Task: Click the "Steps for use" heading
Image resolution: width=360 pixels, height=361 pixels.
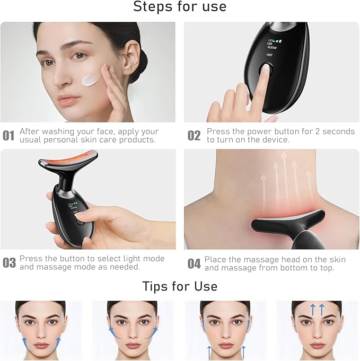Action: (x=180, y=7)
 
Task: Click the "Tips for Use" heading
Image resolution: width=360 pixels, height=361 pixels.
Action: (x=180, y=286)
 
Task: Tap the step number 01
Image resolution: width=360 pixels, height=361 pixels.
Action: (x=8, y=136)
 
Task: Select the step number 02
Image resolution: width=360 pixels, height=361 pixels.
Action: (x=194, y=136)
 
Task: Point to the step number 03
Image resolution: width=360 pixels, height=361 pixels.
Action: (x=8, y=263)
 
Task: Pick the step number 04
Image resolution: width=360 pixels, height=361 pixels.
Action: (x=194, y=263)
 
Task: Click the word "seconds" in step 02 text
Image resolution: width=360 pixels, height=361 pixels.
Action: (x=336, y=131)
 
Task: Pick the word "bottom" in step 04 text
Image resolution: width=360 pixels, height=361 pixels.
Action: (x=292, y=268)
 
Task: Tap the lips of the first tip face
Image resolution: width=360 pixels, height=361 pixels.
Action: (x=40, y=346)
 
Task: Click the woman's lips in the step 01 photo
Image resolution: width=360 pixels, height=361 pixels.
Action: (x=69, y=100)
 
